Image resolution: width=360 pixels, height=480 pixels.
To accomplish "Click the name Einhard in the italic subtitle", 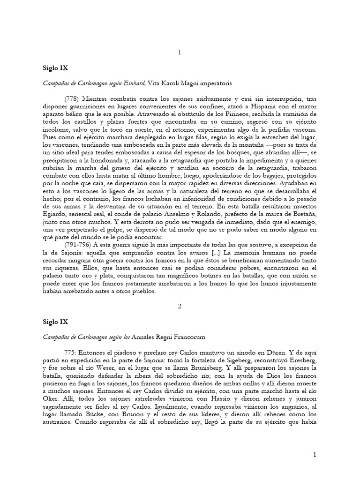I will point(134,83).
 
